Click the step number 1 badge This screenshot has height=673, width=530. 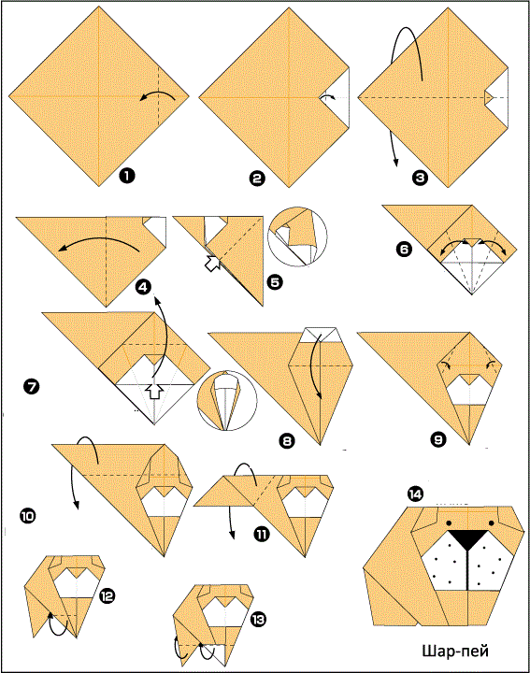[x=127, y=176]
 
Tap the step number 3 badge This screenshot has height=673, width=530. [x=420, y=178]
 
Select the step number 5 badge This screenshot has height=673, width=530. [x=275, y=282]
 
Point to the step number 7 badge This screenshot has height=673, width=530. [x=32, y=387]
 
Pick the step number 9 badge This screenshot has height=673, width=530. [x=437, y=439]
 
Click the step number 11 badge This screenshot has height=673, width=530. [x=261, y=535]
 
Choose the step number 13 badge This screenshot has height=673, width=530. [x=258, y=619]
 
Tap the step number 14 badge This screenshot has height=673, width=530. [x=415, y=494]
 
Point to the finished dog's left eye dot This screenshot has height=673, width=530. [x=449, y=523]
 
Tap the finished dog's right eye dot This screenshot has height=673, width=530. [x=491, y=523]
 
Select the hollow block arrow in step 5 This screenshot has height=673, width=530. [x=212, y=263]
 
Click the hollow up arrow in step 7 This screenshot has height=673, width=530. [x=154, y=391]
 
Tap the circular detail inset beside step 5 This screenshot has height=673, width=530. [x=297, y=236]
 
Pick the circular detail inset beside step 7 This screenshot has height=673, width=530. [x=227, y=400]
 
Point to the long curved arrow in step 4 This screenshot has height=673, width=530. [x=98, y=239]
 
